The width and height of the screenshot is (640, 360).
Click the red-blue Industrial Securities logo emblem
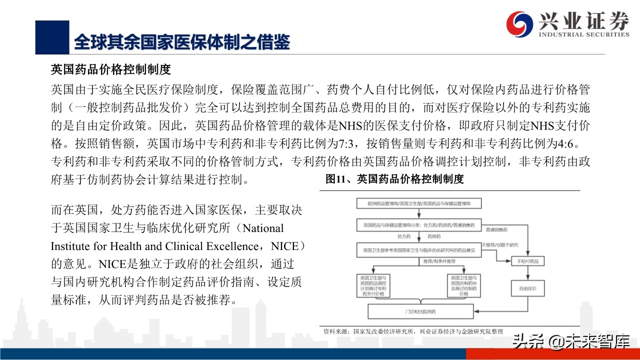[520, 23]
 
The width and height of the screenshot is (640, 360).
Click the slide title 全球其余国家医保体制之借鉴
[182, 42]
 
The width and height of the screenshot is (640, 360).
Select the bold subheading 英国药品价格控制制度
[111, 68]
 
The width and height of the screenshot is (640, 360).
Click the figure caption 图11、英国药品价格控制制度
[394, 179]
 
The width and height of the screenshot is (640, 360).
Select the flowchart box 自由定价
[527, 288]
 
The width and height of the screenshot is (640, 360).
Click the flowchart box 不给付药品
[527, 261]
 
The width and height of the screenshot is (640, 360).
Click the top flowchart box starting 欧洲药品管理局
[419, 203]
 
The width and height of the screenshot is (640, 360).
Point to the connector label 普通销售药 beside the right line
[496, 229]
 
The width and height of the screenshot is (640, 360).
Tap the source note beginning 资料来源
[412, 331]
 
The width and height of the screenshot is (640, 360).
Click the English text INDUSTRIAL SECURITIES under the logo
[583, 34]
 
